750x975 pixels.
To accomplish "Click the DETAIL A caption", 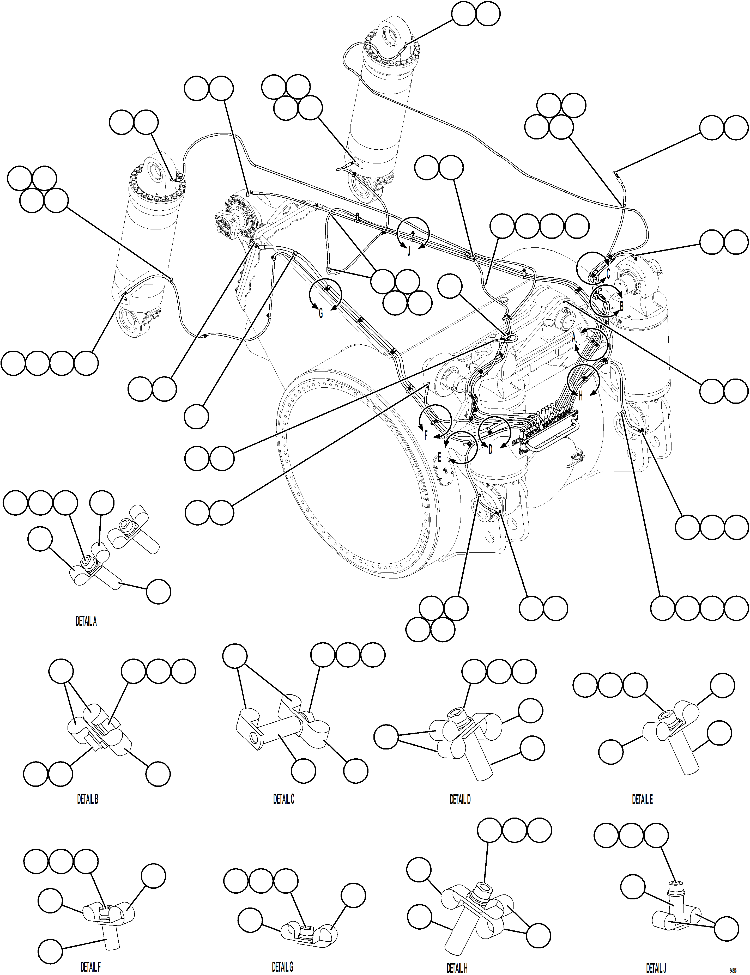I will pyautogui.click(x=86, y=621).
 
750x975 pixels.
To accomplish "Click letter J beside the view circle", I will pyautogui.click(x=409, y=251).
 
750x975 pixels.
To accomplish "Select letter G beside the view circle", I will pyautogui.click(x=320, y=314).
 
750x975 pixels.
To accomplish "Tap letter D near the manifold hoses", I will pyautogui.click(x=490, y=450).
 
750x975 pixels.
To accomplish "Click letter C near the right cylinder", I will pyautogui.click(x=608, y=273).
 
